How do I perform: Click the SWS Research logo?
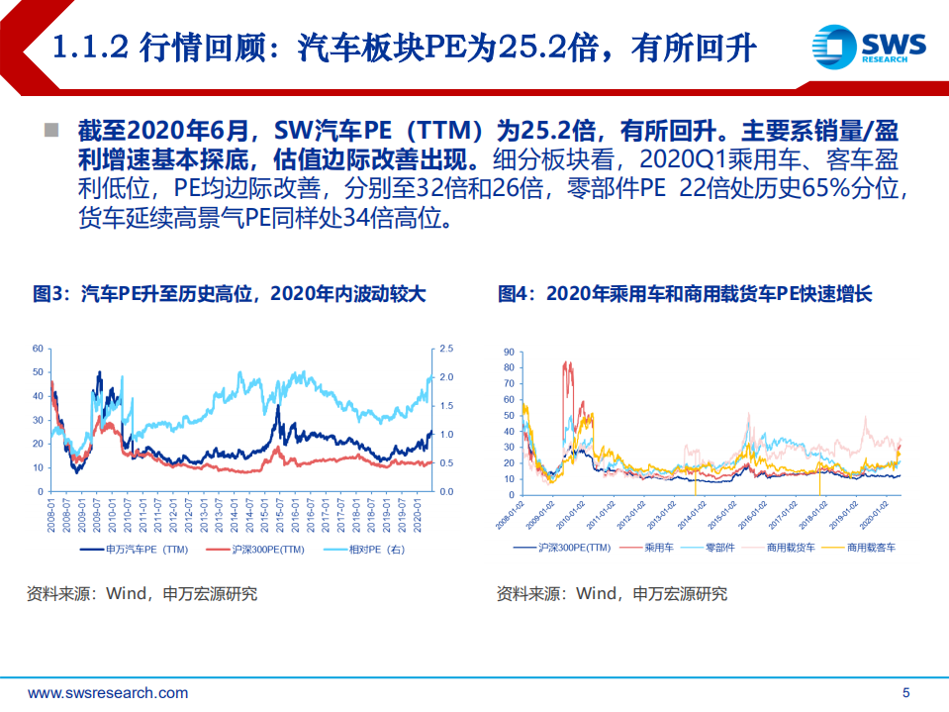point(868,47)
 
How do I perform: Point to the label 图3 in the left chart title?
point(49,294)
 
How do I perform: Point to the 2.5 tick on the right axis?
point(446,349)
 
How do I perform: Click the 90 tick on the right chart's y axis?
point(509,352)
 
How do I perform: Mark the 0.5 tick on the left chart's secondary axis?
point(446,463)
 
